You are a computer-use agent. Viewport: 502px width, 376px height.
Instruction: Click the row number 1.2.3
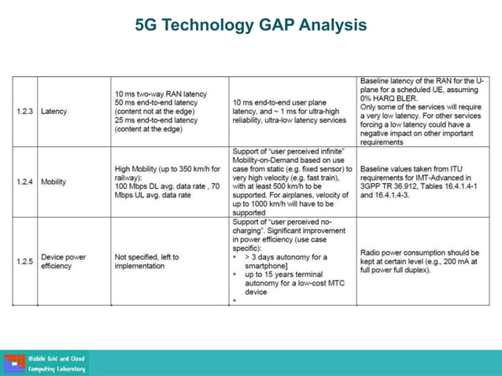(24, 111)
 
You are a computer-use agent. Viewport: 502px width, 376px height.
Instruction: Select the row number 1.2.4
(24, 182)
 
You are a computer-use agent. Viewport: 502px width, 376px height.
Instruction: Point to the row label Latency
(54, 111)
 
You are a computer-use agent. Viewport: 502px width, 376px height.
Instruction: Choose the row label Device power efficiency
(63, 261)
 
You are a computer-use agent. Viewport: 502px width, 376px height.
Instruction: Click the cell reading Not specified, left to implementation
(147, 261)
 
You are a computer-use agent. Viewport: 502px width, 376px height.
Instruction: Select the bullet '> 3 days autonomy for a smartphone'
(287, 261)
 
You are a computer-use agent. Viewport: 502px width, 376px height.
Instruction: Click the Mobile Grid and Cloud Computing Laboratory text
(57, 363)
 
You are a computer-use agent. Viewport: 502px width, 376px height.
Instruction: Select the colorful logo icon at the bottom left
(14, 363)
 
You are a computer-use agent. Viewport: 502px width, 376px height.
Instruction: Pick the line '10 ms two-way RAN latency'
(161, 94)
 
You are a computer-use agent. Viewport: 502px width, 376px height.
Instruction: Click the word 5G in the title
(146, 25)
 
